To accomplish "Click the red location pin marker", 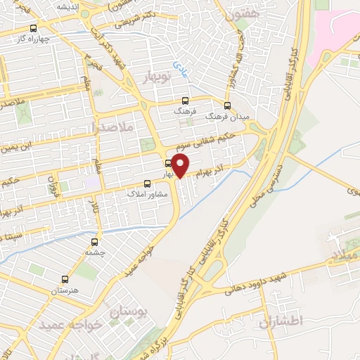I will (181, 166).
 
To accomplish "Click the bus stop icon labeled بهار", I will (167, 164).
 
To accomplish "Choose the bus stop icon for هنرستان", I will (65, 279).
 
